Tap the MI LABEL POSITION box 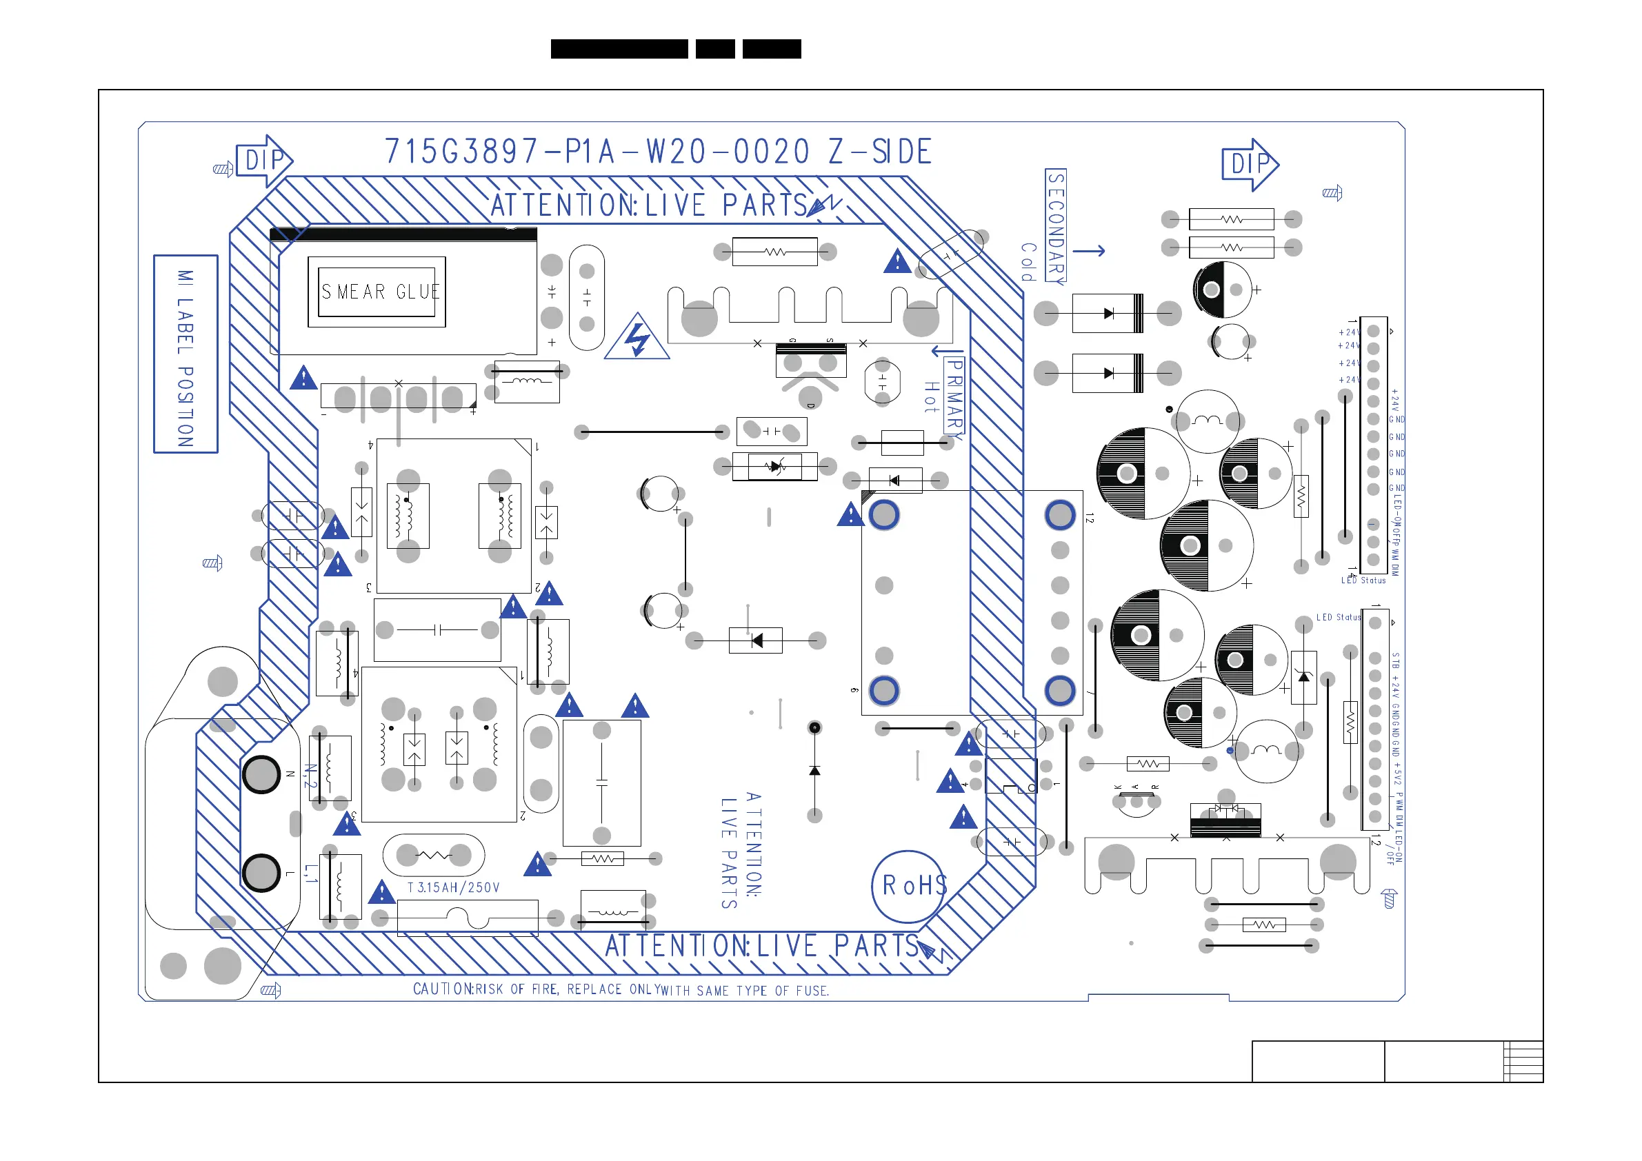(186, 354)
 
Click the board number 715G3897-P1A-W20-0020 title (658, 152)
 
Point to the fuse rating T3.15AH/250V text (453, 888)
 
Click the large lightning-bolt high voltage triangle (637, 339)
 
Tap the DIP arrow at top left (265, 161)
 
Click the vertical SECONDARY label (1056, 226)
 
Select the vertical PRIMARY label (954, 395)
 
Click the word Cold (1028, 262)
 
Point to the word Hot (930, 398)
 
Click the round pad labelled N (262, 774)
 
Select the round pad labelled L (262, 873)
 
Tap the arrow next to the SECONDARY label (1089, 251)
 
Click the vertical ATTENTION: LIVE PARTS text (741, 850)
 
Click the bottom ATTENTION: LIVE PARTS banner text (762, 947)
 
